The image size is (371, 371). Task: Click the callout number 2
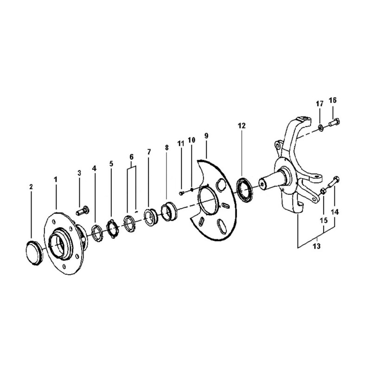pos(31,187)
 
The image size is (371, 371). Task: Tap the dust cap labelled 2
pos(34,253)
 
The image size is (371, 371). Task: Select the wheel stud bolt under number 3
pos(83,211)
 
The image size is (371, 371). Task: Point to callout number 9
pos(206,136)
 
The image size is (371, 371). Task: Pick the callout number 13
pos(317,246)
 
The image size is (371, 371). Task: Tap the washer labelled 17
pos(320,128)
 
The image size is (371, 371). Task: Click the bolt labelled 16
pos(334,122)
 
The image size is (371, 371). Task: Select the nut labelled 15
pos(323,191)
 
